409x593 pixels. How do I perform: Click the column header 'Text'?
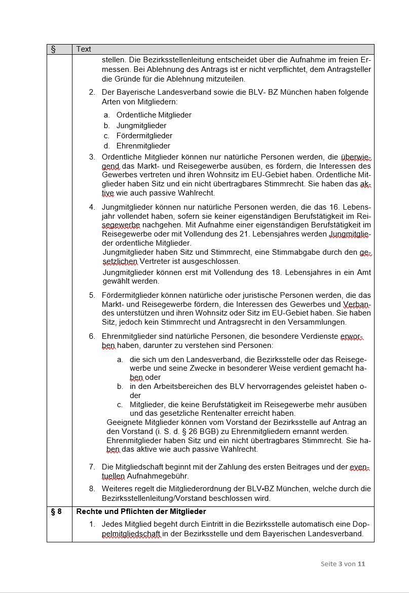84,49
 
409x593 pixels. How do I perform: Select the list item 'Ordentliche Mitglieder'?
154,115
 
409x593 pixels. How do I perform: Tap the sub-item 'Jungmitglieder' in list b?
141,126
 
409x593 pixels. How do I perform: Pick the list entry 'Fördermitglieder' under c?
144,136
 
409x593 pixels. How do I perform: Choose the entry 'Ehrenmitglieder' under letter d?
143,146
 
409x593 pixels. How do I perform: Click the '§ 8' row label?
56,511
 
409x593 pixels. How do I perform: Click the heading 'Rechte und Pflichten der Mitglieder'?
141,511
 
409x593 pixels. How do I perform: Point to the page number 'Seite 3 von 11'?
343,564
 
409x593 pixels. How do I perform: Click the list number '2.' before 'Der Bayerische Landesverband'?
92,92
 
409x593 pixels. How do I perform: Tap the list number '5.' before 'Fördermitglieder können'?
92,295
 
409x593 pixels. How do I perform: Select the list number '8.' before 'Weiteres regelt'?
92,489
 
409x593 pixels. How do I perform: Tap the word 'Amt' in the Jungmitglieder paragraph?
363,272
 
